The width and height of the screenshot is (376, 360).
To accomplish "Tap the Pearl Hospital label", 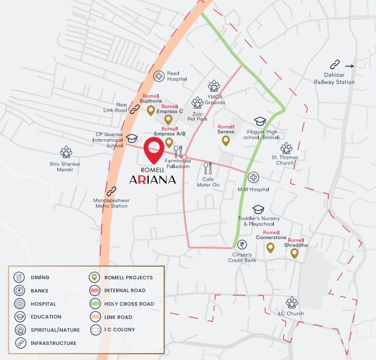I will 177,77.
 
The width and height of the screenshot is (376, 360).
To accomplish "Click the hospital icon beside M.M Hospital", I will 253,177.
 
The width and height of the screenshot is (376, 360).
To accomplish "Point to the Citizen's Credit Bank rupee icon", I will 240,245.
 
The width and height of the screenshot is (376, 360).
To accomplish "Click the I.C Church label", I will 291,313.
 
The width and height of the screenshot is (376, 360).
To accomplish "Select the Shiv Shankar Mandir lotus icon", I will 66,152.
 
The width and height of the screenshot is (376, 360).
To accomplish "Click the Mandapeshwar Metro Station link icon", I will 112,191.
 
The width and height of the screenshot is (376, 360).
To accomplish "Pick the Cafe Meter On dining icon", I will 208,168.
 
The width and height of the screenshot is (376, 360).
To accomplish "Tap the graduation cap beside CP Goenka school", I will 132,139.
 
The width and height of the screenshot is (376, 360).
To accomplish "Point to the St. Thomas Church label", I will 286,160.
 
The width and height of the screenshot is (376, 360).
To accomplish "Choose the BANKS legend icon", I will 19,290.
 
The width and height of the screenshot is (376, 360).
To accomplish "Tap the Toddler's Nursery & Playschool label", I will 256,221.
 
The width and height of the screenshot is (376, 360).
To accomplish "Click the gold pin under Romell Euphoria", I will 151,111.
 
